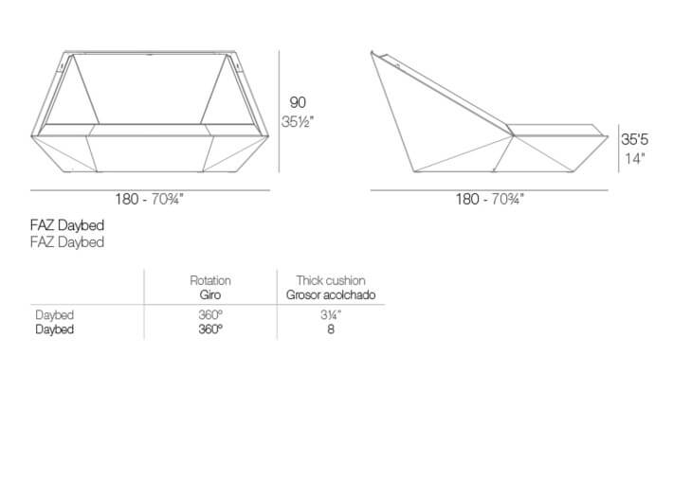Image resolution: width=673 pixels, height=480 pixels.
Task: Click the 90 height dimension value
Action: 298,103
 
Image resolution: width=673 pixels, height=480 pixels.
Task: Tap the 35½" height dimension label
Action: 298,122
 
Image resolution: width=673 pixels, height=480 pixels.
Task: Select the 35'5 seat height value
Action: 635,140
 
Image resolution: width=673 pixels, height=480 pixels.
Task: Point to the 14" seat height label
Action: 635,159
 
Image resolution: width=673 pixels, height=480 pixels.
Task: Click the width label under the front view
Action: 150,199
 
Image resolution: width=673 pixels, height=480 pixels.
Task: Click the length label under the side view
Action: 490,199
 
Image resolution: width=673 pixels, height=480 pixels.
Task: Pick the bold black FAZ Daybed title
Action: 67,225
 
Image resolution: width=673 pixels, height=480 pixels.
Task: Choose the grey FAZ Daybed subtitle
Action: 67,242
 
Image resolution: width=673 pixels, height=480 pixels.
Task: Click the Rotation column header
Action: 210,281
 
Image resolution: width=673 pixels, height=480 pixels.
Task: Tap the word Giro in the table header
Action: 210,294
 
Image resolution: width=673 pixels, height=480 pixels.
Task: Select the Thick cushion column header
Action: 331,281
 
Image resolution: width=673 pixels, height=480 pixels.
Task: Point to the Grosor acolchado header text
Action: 331,295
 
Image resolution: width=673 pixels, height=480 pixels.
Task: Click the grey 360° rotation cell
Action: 210,315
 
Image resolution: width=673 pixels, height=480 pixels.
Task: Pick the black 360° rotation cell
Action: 210,329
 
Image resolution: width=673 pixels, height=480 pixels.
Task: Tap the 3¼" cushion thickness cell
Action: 331,315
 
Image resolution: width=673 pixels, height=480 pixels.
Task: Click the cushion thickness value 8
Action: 331,329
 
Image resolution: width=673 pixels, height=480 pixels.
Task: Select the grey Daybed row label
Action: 55,315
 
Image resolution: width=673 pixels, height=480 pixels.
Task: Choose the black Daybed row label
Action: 55,329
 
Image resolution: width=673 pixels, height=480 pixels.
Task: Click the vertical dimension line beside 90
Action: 279,112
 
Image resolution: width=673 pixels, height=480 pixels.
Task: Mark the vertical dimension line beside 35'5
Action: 618,149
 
